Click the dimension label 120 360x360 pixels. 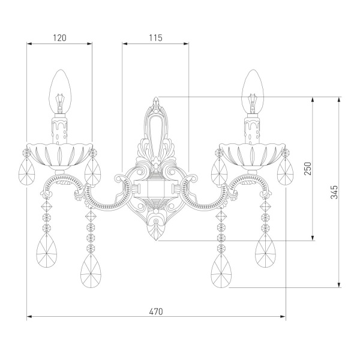[59, 38]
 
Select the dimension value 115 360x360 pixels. [155, 38]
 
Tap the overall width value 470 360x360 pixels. [156, 311]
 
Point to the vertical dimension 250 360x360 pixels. [308, 169]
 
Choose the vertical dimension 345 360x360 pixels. [334, 192]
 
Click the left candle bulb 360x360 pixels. [60, 92]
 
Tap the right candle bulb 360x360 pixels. [253, 92]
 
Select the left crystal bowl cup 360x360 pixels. [59, 154]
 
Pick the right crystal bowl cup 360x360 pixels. [252, 154]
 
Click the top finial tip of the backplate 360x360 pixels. [156, 97]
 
